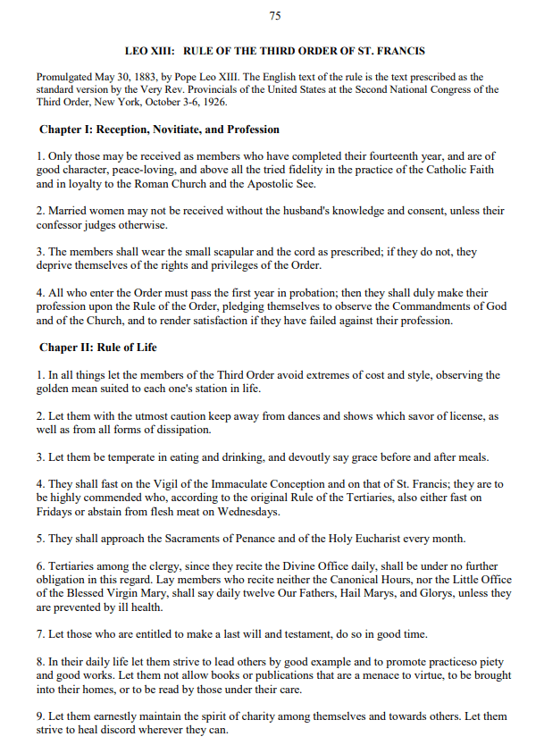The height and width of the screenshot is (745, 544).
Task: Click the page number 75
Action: click(274, 16)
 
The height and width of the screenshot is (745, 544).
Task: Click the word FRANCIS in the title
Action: click(398, 51)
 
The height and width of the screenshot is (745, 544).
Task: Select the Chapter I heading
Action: click(159, 130)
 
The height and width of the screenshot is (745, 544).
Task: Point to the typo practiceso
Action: click(446, 662)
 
